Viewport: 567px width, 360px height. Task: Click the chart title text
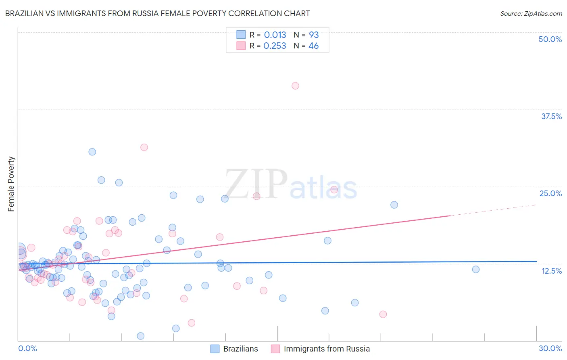pyautogui.click(x=157, y=13)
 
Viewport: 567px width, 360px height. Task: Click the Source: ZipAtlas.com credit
pyautogui.click(x=531, y=13)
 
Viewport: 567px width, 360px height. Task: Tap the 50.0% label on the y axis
pyautogui.click(x=550, y=39)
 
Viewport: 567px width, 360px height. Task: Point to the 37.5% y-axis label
pyautogui.click(x=551, y=116)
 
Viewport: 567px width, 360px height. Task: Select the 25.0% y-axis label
pyautogui.click(x=550, y=193)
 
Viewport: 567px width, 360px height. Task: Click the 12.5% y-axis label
pyautogui.click(x=551, y=271)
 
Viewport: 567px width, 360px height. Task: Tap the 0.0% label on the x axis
pyautogui.click(x=27, y=348)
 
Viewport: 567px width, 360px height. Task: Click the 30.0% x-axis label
pyautogui.click(x=550, y=348)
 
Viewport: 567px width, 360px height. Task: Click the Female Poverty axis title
pyautogui.click(x=11, y=184)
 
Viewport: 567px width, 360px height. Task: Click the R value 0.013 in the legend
pyautogui.click(x=275, y=35)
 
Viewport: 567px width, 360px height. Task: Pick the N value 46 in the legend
pyautogui.click(x=313, y=46)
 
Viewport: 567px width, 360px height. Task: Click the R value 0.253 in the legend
pyautogui.click(x=275, y=46)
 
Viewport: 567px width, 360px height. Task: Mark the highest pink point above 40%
pyautogui.click(x=295, y=86)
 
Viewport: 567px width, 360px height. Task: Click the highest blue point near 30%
pyautogui.click(x=92, y=152)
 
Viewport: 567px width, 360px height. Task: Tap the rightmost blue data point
pyautogui.click(x=476, y=269)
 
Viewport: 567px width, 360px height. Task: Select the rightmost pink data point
pyautogui.click(x=383, y=314)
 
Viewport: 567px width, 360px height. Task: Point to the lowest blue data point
pyautogui.click(x=141, y=336)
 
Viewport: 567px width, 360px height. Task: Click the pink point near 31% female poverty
pyautogui.click(x=144, y=147)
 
